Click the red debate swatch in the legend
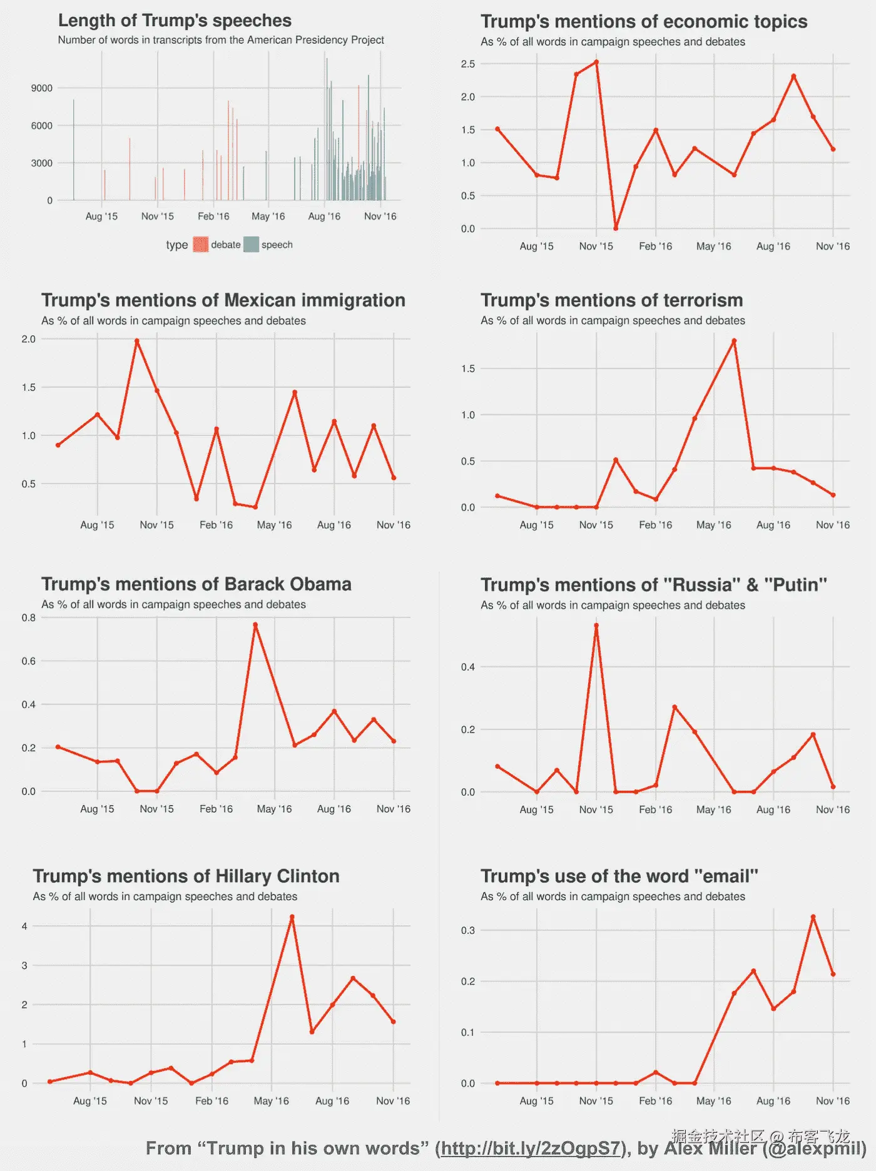(x=200, y=245)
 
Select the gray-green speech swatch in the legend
(x=251, y=245)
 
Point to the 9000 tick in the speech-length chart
(x=42, y=88)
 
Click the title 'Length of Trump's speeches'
(x=175, y=21)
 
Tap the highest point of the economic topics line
(x=596, y=62)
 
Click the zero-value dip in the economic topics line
(x=616, y=228)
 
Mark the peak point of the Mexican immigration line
(x=137, y=341)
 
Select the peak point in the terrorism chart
(x=734, y=341)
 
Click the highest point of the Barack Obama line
(x=255, y=624)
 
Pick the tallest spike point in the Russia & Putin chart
(x=596, y=625)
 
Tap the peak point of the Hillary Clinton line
(x=292, y=917)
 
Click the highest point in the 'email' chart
(x=813, y=917)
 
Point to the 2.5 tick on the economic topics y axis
(x=468, y=64)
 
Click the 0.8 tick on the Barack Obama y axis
(x=29, y=618)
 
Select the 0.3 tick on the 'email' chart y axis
(x=468, y=930)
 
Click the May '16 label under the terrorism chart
(x=713, y=525)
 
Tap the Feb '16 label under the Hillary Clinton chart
(x=211, y=1100)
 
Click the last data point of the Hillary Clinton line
(x=393, y=1021)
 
